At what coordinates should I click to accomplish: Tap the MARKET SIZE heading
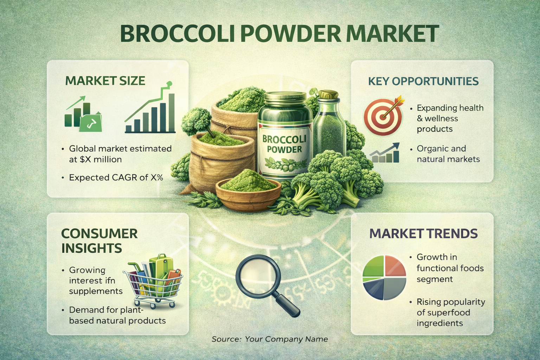105,81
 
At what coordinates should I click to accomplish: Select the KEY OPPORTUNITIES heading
423,81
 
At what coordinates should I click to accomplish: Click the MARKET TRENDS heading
424,233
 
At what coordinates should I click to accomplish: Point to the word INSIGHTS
92,248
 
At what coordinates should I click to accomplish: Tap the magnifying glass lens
258,276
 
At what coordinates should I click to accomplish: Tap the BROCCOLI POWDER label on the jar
284,144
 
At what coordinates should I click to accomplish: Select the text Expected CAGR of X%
116,178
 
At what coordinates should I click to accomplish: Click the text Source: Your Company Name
270,339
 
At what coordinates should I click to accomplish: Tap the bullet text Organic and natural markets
448,154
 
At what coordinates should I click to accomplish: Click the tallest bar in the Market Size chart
172,113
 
